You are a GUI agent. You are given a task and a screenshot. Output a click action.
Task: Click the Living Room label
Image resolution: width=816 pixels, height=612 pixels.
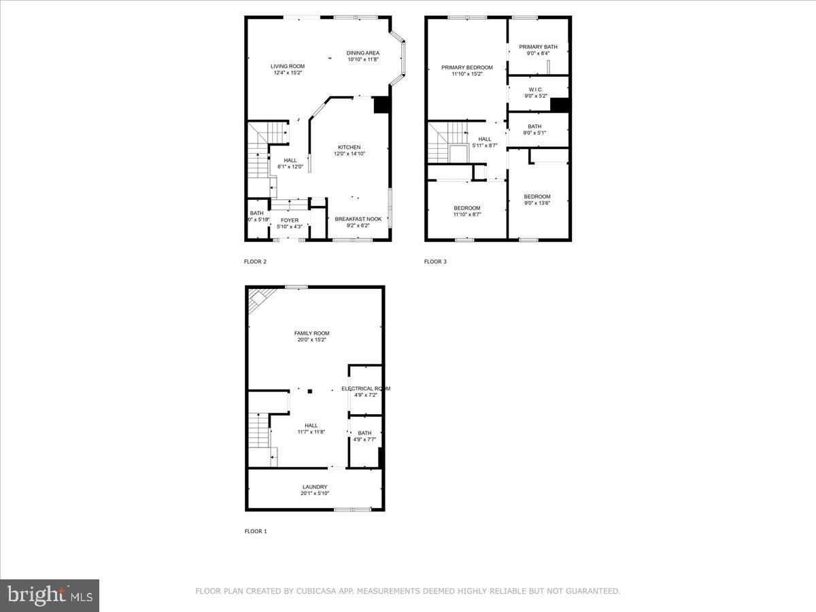click(287, 66)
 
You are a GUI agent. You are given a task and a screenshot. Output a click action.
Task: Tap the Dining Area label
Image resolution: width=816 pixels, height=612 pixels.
click(362, 53)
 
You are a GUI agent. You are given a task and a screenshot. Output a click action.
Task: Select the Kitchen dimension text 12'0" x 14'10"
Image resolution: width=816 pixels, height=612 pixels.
click(350, 154)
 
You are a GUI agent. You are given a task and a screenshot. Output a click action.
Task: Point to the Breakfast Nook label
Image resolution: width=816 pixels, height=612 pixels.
click(358, 219)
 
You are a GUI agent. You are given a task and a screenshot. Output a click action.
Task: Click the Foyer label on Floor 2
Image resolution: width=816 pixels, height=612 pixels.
click(290, 220)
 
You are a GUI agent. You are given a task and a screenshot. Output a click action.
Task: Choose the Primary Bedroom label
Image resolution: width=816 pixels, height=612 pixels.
click(466, 67)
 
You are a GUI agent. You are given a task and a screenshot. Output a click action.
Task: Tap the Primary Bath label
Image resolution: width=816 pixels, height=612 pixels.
click(538, 47)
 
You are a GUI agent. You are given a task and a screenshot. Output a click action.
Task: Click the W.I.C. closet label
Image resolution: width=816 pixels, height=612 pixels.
click(535, 89)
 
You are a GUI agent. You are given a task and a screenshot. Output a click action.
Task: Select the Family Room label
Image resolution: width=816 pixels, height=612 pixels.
click(311, 333)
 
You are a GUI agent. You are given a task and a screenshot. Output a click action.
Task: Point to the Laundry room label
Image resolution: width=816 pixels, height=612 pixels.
click(315, 487)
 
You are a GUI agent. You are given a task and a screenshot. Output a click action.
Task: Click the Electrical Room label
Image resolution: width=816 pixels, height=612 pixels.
click(366, 388)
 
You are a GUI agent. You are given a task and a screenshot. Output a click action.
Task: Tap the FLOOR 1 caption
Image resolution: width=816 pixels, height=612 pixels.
click(256, 531)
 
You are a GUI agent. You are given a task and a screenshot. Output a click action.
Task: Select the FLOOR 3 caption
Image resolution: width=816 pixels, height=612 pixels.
click(435, 261)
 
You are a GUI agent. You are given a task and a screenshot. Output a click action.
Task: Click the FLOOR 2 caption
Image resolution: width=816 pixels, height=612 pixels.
click(256, 261)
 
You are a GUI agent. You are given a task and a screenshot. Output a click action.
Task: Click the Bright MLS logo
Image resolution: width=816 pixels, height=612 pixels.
click(50, 596)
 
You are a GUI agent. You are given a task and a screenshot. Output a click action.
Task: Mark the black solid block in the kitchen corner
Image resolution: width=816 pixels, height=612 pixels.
click(381, 105)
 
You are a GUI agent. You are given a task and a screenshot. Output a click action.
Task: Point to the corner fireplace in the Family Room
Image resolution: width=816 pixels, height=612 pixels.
click(259, 299)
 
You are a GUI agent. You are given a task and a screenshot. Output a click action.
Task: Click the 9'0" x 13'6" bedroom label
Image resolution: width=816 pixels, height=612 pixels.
click(537, 197)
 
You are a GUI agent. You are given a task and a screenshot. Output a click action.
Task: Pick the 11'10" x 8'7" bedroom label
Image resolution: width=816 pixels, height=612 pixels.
click(467, 208)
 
